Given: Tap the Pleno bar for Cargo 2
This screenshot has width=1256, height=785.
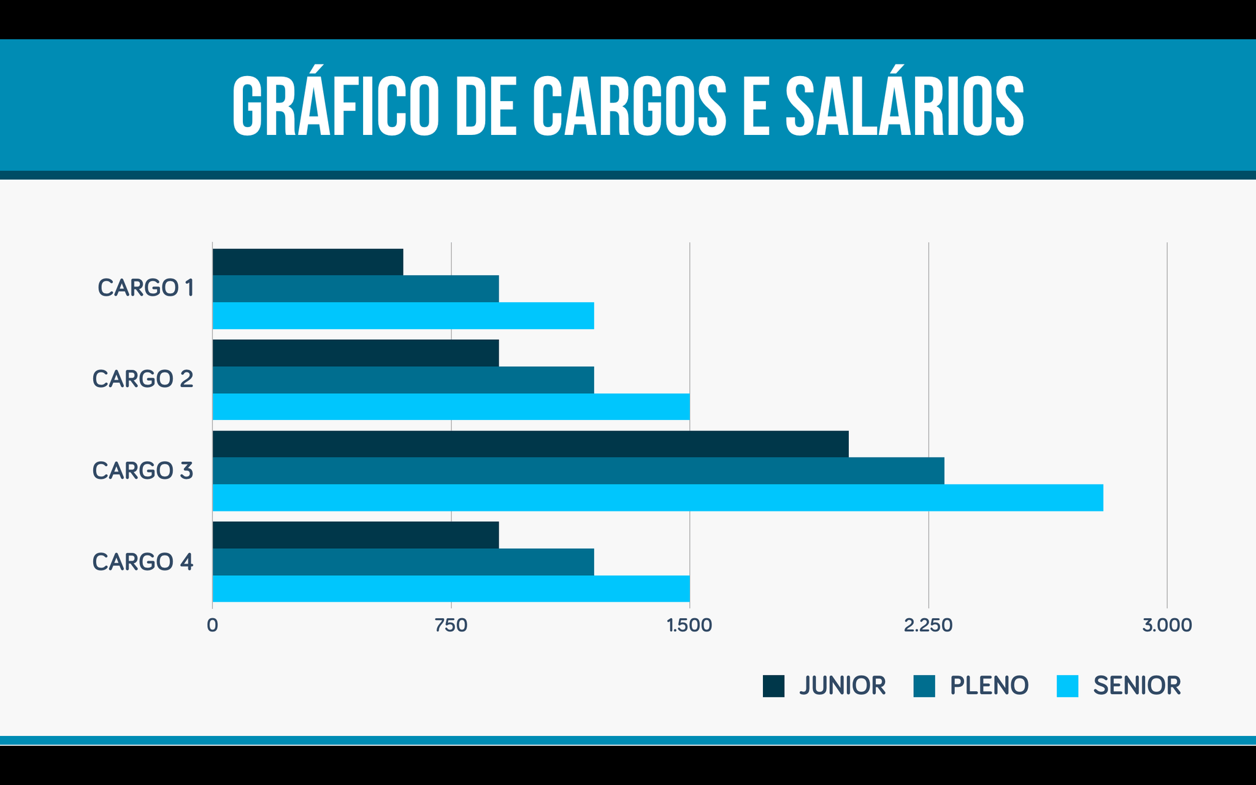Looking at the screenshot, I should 403,380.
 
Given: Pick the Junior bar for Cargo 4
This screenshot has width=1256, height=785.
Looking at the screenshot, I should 356,535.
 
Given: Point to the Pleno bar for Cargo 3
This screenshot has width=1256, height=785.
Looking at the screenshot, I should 578,470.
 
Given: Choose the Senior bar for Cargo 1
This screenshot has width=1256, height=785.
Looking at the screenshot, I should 403,315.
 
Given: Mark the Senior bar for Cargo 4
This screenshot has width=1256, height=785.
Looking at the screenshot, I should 451,589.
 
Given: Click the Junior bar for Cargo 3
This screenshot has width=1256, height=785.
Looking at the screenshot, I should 530,444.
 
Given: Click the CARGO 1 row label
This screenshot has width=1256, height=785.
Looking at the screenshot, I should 146,288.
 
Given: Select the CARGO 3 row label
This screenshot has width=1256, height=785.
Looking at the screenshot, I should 143,470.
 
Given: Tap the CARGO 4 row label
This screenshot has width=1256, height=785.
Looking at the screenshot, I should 143,562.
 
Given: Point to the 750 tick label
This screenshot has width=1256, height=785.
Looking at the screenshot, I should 451,626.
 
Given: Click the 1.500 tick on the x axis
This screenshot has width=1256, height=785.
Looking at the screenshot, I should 689,626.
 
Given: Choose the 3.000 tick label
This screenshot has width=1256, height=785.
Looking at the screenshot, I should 1166,626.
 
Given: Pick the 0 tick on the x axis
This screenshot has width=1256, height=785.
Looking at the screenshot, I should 212,626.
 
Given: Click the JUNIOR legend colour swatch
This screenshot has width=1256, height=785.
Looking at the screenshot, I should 773,686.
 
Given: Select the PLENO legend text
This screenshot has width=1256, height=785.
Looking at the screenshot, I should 989,686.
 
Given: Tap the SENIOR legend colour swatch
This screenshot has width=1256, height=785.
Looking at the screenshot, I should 1067,686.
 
